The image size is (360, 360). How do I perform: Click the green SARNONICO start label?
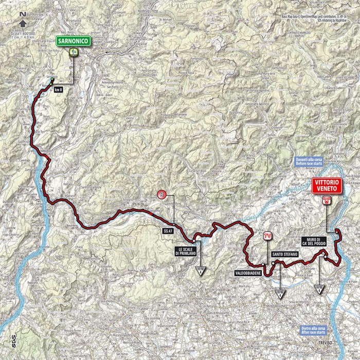pos(75,39)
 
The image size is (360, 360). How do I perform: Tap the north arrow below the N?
pos(23,22)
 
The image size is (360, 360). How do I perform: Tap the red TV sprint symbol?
pos(266,236)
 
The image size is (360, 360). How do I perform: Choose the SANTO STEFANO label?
pos(282,253)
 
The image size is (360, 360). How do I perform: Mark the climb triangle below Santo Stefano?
pos(280,294)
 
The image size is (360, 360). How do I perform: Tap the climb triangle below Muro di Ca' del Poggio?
pos(320,289)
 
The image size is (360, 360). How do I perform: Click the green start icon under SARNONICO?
pos(75,52)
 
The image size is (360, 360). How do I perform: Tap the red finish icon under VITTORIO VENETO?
pos(325,201)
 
